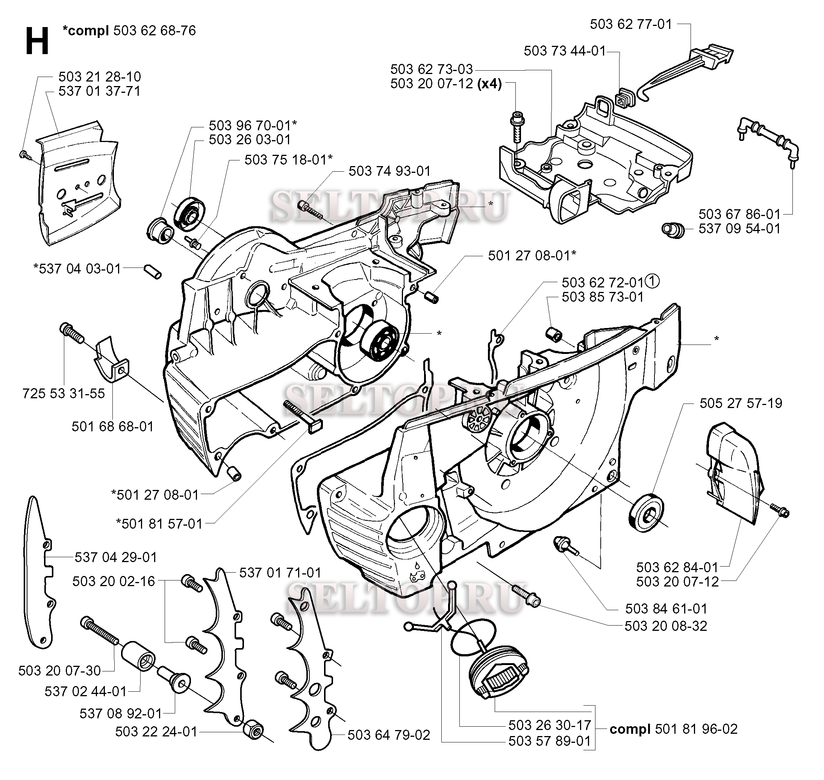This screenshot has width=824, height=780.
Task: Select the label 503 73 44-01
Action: pos(565,51)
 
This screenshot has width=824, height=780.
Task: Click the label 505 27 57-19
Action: pos(741,403)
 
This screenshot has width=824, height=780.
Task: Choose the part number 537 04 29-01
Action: pos(116,557)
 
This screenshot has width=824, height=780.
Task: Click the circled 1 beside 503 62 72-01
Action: pos(653,281)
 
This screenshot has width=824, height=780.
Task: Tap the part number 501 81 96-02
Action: pos(696,729)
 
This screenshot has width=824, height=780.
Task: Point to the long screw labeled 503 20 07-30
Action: pos(101,631)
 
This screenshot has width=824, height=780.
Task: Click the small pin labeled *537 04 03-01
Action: pos(153,271)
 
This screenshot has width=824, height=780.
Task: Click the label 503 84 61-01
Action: pos(666,609)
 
